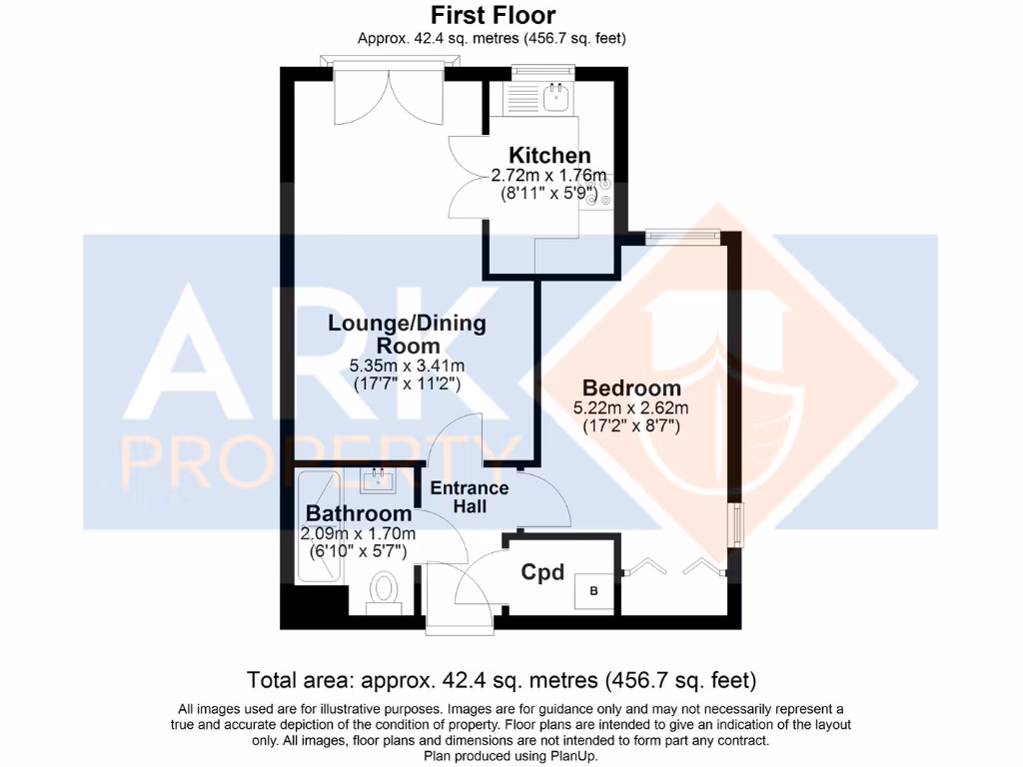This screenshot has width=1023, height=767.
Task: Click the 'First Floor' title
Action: (493, 15)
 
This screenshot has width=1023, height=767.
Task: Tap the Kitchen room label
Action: (549, 156)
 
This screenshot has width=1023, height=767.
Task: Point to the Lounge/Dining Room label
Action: (408, 333)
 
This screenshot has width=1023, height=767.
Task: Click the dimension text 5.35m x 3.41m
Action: (408, 365)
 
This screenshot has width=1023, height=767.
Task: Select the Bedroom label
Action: (631, 387)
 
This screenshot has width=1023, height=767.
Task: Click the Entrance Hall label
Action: (470, 497)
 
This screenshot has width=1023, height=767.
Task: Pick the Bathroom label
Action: (359, 513)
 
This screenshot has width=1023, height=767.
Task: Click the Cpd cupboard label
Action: (543, 573)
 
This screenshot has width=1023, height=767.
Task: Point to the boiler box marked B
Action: (594, 591)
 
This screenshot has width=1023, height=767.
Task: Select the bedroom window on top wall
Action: (682, 236)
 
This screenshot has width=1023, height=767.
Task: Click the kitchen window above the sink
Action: (543, 71)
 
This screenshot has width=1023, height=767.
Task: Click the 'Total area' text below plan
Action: (502, 681)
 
